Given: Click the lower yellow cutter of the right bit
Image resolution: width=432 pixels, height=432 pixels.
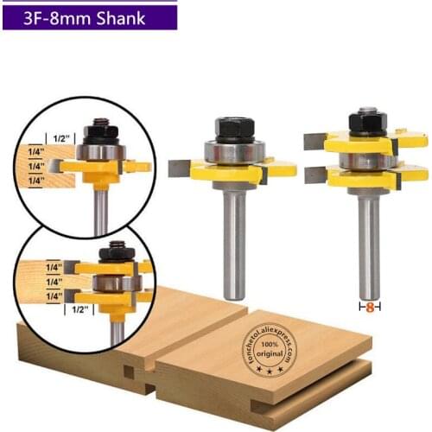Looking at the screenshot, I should (367, 178).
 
